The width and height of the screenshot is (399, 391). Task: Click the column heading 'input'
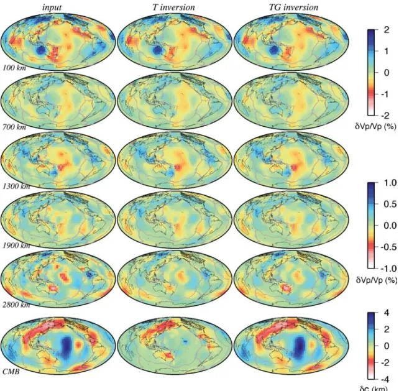coord(52,7)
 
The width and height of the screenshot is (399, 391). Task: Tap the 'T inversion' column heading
coord(174,7)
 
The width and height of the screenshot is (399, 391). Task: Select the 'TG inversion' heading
coord(293,7)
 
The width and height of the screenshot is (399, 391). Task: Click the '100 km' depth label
coord(14,68)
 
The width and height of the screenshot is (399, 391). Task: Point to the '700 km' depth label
coord(14,127)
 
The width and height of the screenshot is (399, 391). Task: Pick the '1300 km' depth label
coord(16,186)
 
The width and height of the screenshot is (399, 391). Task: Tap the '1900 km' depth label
coord(16,245)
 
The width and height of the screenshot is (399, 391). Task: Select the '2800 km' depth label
coord(16,305)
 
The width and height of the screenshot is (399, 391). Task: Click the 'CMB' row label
coord(11,372)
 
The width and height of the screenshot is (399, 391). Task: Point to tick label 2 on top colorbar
coord(387,30)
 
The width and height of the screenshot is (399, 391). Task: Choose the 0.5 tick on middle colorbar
coord(390,204)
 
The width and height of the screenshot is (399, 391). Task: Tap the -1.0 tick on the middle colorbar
coord(388,269)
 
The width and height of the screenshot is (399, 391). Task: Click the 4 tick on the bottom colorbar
coord(387,313)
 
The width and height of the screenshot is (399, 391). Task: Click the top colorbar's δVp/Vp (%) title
coord(376,126)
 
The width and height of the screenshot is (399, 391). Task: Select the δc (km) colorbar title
coord(374,389)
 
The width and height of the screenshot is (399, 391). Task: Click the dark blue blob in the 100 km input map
coord(40,51)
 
